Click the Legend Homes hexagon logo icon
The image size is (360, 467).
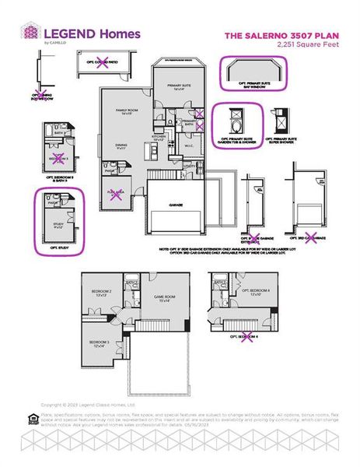point(30,33)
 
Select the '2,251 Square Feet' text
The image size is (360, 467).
point(304,45)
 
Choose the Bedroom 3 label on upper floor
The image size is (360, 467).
point(98,343)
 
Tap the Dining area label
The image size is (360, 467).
point(121,146)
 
